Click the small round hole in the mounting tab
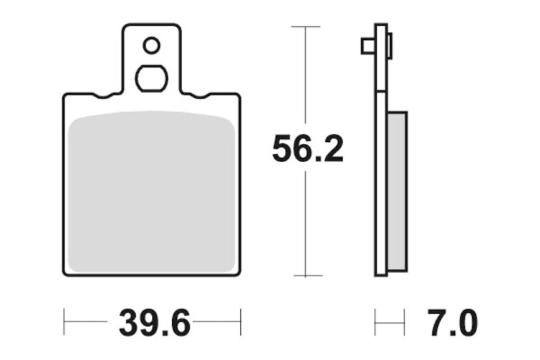coord(151,46)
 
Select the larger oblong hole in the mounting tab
coord(151,78)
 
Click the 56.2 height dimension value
coord(308,149)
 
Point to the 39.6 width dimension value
coord(153,324)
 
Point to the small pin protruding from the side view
coord(367,46)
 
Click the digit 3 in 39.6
coord(130,324)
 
